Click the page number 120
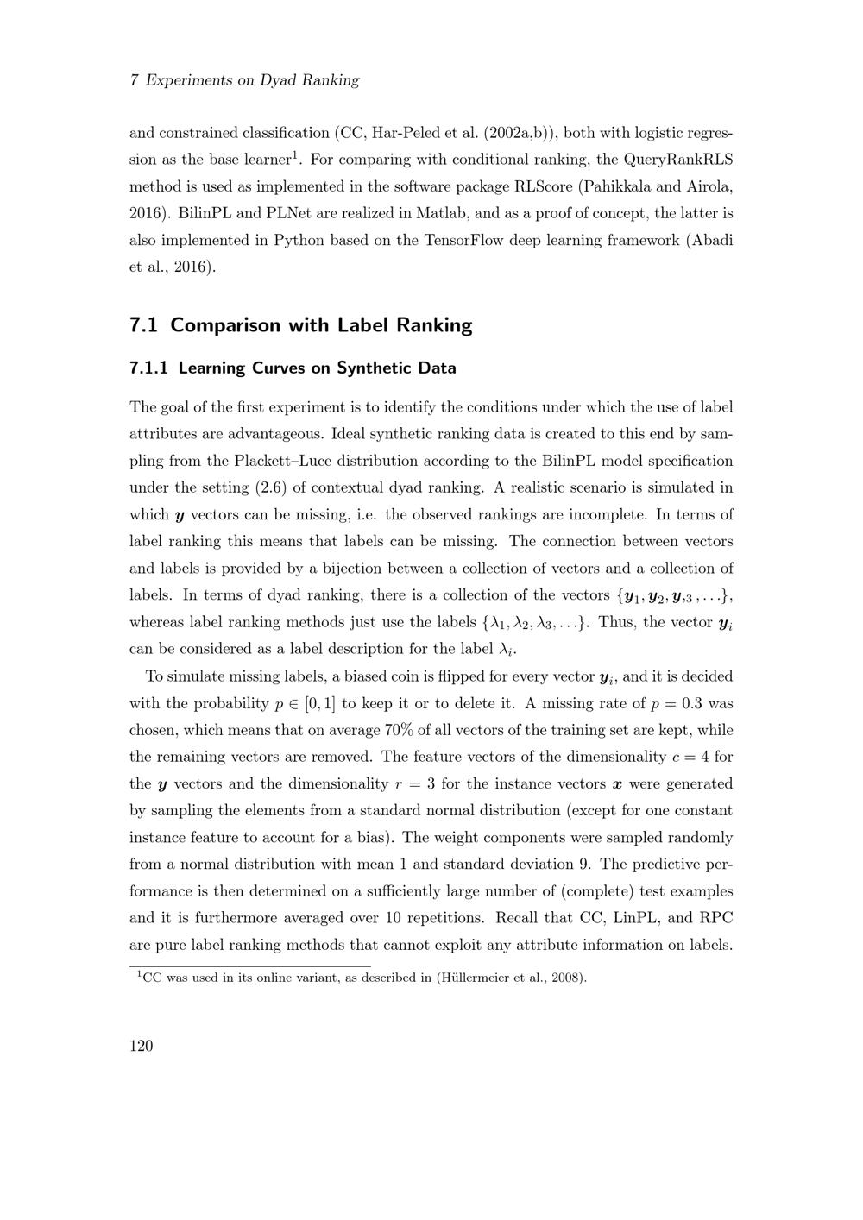click(x=141, y=1047)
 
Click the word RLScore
click(x=543, y=186)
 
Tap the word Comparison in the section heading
click(x=225, y=325)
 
